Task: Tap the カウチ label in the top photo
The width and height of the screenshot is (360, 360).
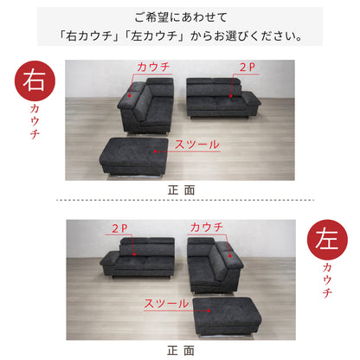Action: [x=153, y=67]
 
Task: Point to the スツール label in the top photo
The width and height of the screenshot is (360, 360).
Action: [x=197, y=145]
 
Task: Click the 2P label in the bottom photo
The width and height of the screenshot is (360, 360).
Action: [x=121, y=228]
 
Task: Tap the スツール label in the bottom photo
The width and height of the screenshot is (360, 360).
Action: [x=162, y=305]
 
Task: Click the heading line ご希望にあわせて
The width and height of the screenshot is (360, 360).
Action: [x=182, y=17]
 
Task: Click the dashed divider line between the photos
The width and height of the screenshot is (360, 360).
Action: [x=180, y=201]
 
